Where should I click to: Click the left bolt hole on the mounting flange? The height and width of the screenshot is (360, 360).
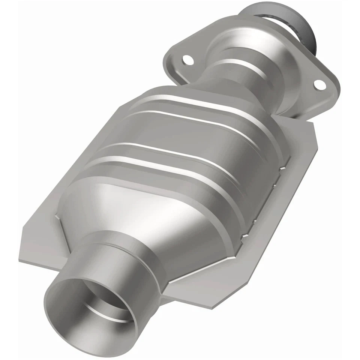click(186, 60)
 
